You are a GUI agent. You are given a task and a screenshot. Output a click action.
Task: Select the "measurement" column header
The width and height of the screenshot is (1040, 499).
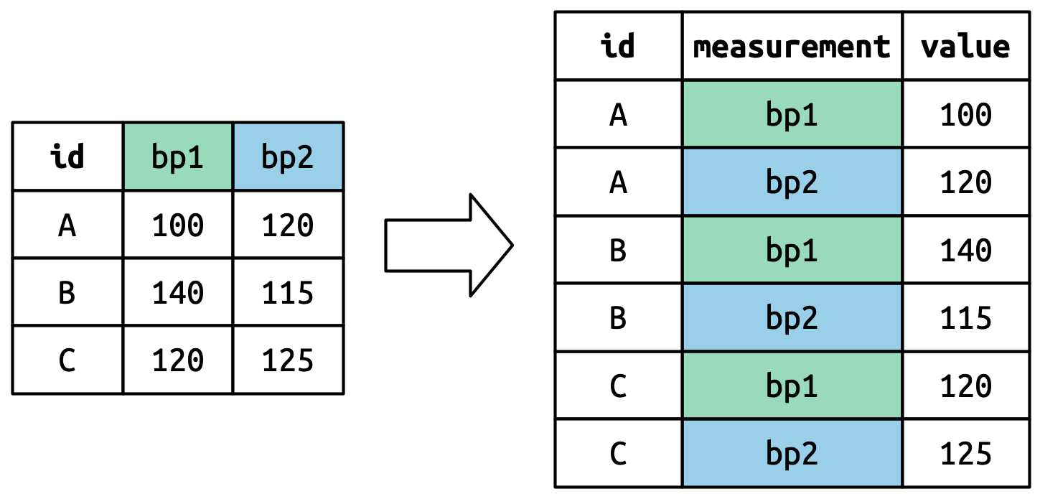point(792,47)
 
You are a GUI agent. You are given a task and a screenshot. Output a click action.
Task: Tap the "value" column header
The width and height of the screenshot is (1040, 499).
point(965,47)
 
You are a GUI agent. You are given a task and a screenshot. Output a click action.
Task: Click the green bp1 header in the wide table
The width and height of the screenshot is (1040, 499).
point(177,157)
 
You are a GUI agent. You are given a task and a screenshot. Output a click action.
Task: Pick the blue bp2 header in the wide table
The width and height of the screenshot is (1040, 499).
point(288,157)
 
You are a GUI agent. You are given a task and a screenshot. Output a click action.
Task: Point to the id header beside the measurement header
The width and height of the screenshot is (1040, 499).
point(618,47)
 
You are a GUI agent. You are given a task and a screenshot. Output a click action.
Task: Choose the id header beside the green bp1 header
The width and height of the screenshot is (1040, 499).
point(67,157)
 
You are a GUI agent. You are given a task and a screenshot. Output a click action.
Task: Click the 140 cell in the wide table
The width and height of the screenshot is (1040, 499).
point(177,292)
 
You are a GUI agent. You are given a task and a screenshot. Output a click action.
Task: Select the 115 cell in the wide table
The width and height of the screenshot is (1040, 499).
point(288,292)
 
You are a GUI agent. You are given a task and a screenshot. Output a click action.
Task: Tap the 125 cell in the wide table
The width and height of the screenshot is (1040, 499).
point(288,360)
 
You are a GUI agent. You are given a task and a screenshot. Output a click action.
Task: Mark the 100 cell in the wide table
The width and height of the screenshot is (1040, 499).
point(177,225)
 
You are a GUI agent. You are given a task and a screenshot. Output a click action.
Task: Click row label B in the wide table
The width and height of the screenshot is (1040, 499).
point(67,292)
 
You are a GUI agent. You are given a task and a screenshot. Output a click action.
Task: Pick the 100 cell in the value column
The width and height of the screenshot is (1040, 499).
point(965,114)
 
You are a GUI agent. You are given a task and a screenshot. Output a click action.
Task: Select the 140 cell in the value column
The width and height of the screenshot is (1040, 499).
point(965,250)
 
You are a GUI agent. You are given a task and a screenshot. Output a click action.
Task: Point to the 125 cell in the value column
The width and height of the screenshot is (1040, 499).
point(965,453)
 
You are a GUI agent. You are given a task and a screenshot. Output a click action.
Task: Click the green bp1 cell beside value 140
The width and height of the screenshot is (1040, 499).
point(792,250)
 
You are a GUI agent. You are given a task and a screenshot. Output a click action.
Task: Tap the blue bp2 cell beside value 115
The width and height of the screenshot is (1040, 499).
point(792,317)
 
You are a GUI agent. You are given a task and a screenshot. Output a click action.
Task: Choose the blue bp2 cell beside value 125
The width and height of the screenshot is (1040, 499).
point(792,453)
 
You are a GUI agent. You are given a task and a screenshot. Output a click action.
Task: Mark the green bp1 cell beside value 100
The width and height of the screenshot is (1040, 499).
point(792,114)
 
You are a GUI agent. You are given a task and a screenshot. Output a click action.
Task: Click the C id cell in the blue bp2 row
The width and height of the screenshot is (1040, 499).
point(618,453)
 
